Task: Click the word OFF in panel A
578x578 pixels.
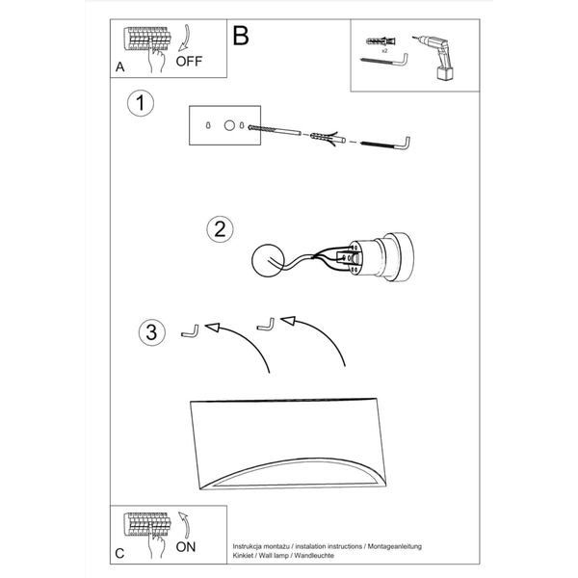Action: coord(189,62)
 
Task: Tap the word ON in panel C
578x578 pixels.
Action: coord(185,547)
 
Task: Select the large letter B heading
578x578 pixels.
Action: coord(241,36)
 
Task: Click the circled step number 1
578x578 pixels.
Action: coord(140,103)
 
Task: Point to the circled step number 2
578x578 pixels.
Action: coord(220,229)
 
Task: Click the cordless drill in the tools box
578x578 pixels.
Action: coord(436,57)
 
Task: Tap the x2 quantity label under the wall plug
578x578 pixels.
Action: coord(384,51)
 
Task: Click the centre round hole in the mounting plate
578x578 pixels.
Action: coord(229,125)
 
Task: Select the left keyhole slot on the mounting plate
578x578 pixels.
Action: coord(208,125)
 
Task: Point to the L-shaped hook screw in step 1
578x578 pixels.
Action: coord(385,144)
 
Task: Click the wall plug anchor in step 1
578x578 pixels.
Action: coord(328,138)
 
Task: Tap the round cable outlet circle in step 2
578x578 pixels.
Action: coord(268,260)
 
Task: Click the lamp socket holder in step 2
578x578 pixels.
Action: coord(381,257)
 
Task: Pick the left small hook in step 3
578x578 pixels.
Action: coord(190,331)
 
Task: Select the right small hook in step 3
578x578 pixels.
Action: coord(266,325)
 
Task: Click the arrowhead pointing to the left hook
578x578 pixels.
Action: coord(212,327)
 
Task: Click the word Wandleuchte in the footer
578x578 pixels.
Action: coord(314,556)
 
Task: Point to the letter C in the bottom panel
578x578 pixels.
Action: coord(119,553)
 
